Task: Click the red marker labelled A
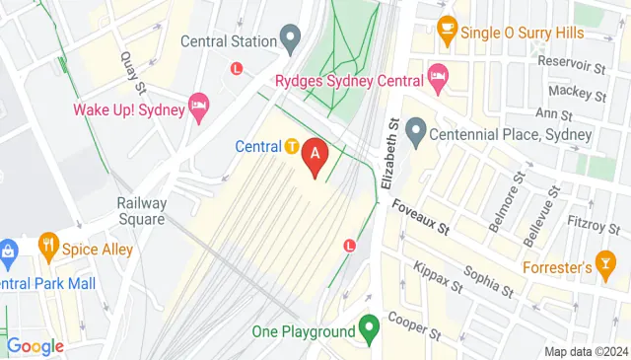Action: (315, 156)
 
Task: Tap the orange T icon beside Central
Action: (292, 147)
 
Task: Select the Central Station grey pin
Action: (289, 39)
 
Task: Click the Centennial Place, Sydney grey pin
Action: (415, 129)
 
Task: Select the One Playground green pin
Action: (369, 327)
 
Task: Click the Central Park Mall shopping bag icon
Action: (7, 252)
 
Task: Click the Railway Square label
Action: (141, 211)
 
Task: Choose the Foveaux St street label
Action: (420, 218)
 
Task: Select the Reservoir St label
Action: (573, 69)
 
